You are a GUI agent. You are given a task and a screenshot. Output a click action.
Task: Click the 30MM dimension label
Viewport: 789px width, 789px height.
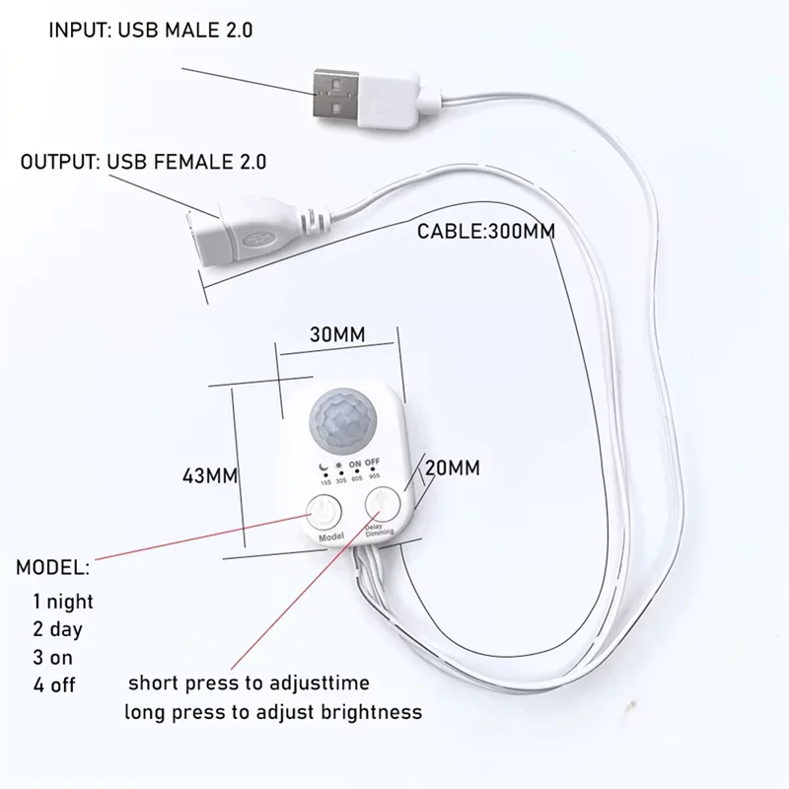coord(337,334)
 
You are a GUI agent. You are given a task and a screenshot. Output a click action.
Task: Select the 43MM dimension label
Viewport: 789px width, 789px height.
coord(209,475)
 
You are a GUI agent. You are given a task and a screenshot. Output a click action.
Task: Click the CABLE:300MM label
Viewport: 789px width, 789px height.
coord(486,232)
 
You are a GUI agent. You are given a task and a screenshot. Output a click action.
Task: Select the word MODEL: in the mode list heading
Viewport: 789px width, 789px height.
coord(52,568)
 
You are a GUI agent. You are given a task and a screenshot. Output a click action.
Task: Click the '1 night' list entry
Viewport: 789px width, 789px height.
coord(63,601)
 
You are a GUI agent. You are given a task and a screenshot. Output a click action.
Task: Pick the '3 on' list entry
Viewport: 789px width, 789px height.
coord(53,656)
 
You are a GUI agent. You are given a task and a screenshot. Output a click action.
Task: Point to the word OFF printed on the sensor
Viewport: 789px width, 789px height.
coord(372,461)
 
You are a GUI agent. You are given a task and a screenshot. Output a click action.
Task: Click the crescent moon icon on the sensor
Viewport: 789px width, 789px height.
coord(322,463)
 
